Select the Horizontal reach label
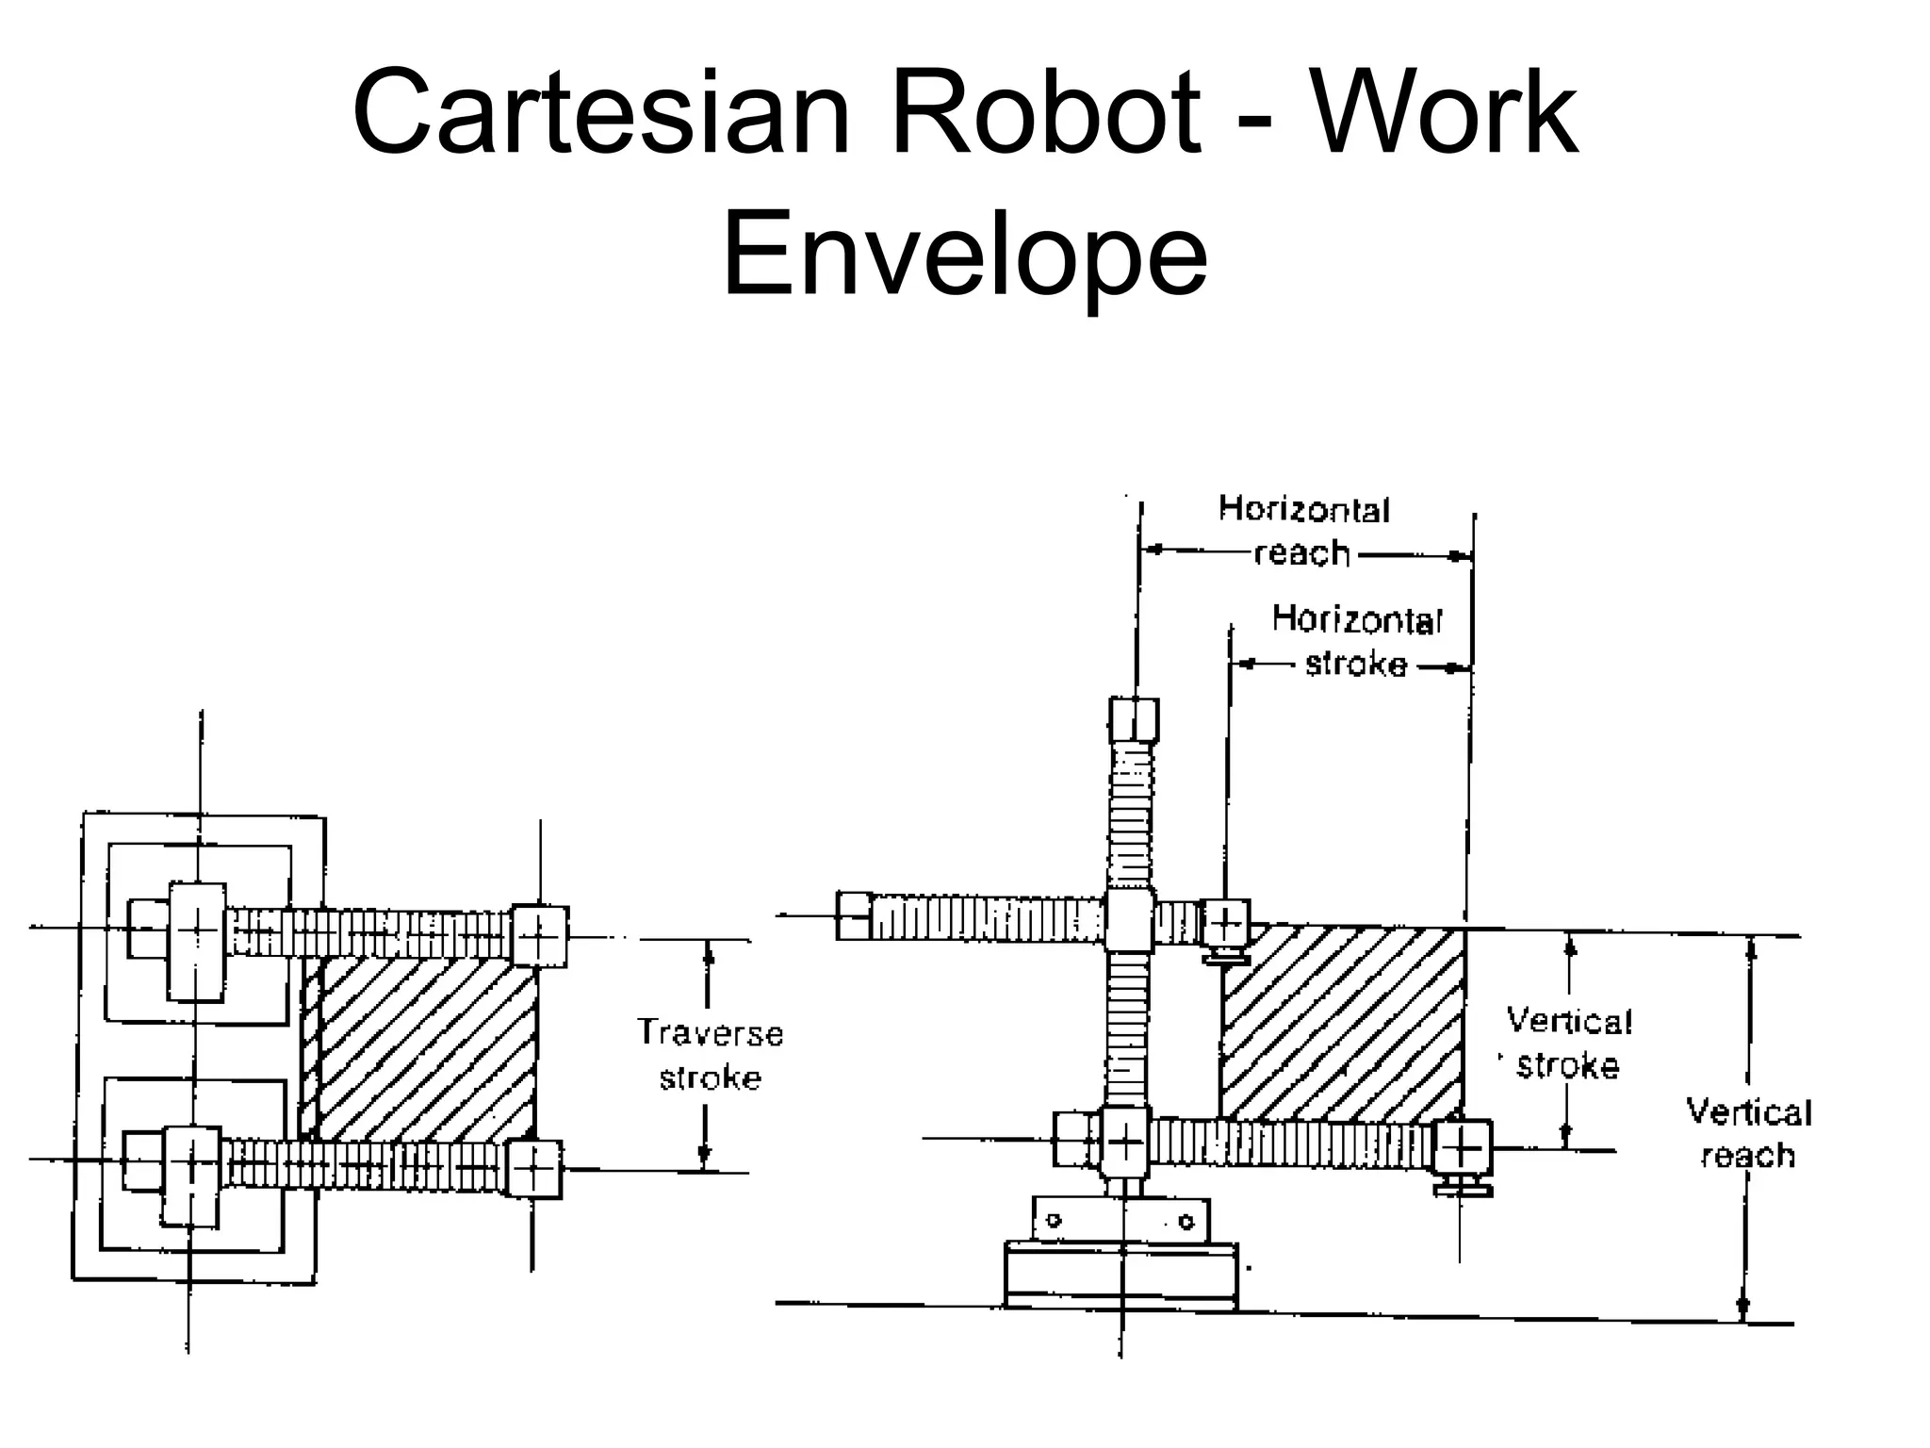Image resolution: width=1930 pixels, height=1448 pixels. [1303, 531]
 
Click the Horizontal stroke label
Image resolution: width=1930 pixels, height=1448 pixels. [1356, 642]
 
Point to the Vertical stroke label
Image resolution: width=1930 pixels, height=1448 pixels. [1568, 1043]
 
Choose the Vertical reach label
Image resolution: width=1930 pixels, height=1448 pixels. [1748, 1133]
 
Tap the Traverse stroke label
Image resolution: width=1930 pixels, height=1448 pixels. [710, 1055]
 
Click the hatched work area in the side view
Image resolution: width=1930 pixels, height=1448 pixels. [1342, 1023]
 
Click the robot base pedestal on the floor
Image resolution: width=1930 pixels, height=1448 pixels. [1120, 1275]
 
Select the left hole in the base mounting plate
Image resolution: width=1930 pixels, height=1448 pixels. [1055, 1220]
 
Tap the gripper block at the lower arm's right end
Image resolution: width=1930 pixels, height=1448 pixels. [1462, 1147]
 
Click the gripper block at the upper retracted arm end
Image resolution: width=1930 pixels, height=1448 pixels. [1226, 923]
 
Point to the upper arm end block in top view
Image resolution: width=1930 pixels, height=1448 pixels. [540, 936]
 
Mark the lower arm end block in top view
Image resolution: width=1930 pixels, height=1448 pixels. [534, 1169]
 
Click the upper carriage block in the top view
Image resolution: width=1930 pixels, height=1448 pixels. [197, 941]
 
